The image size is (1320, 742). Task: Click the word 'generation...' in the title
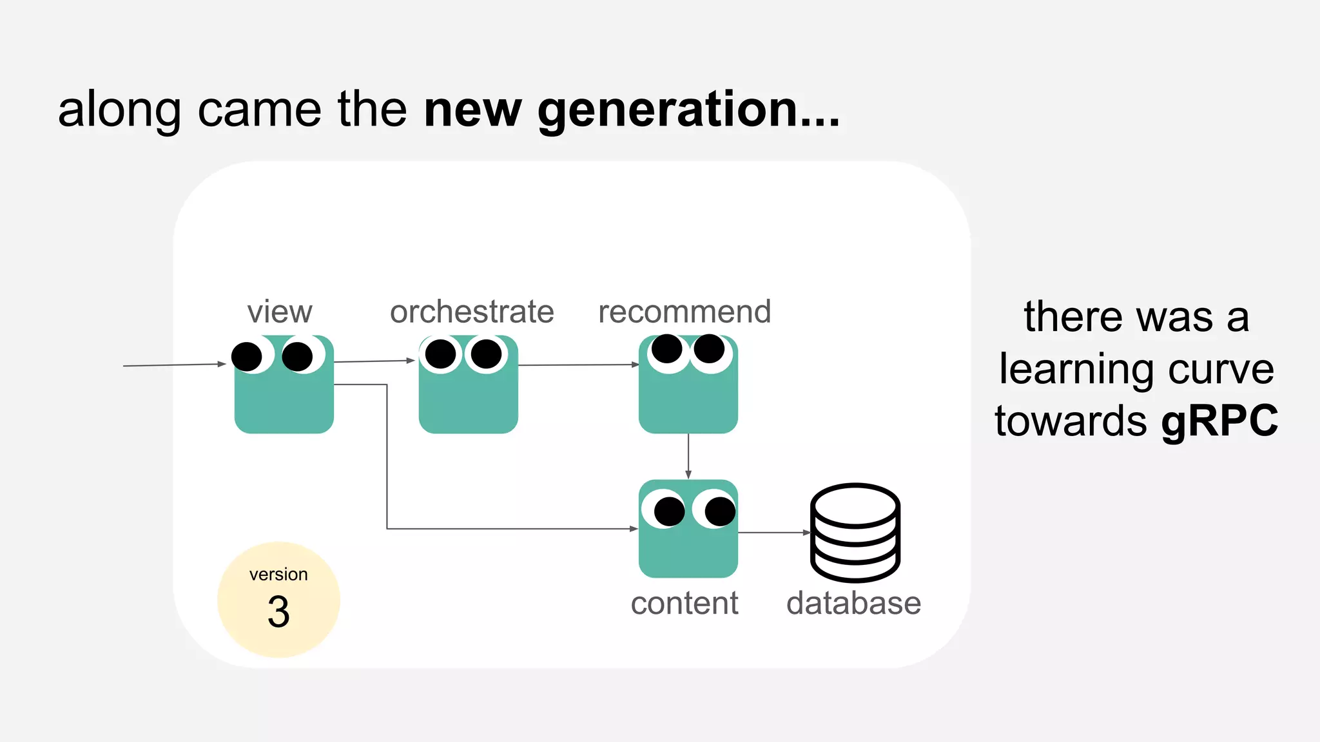[688, 111]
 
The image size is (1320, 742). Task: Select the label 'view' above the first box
[280, 312]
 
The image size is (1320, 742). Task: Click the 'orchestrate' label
[472, 312]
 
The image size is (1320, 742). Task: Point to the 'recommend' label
[684, 312]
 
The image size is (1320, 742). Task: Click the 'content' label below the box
[684, 604]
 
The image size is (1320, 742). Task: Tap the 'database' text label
[853, 604]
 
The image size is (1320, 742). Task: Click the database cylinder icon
[855, 533]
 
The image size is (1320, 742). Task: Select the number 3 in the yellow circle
[278, 612]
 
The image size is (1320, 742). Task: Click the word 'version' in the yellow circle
[278, 574]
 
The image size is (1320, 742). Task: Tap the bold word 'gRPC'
[1219, 421]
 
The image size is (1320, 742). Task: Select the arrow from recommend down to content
[688, 456]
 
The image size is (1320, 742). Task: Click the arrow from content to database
[773, 533]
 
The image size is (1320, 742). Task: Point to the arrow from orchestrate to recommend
[577, 365]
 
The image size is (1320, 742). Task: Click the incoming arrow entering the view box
[174, 365]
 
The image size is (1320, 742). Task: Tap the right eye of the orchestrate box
[486, 354]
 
